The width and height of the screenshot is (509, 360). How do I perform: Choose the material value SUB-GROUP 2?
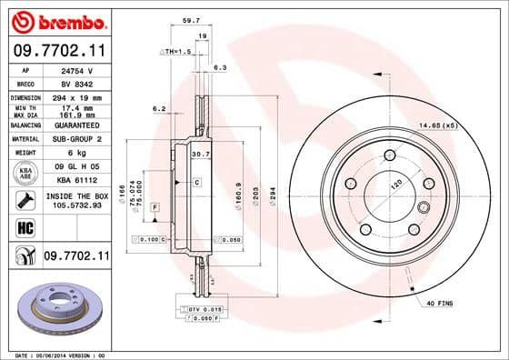tap(75, 139)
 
